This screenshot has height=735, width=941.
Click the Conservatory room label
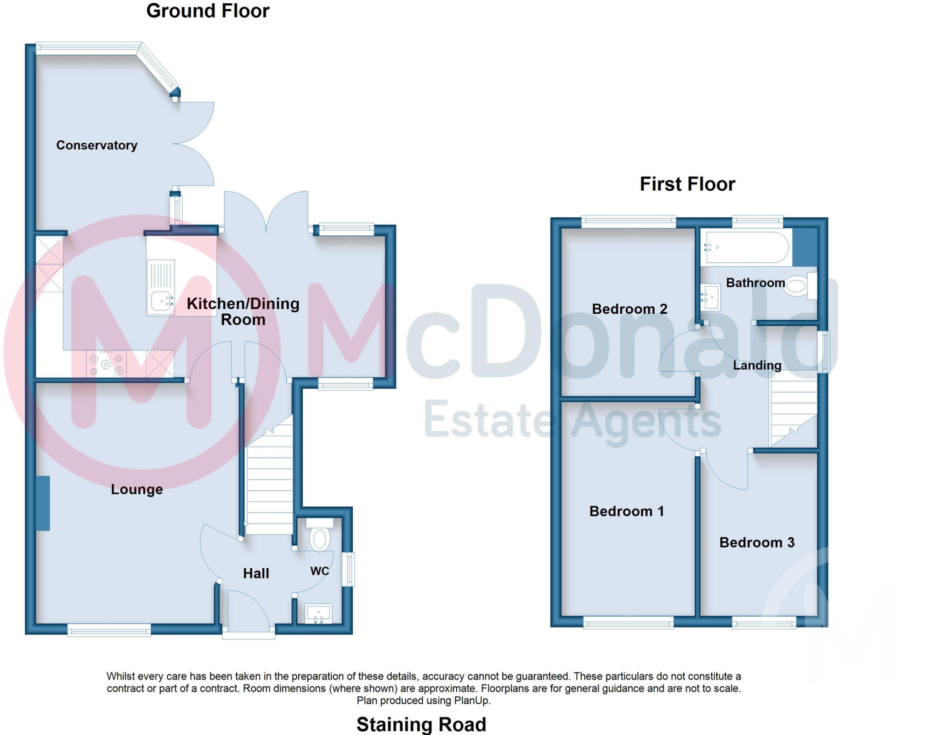click(96, 145)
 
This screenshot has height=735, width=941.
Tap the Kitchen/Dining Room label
click(243, 311)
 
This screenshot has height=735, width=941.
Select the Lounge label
click(136, 489)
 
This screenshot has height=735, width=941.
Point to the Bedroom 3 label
click(757, 543)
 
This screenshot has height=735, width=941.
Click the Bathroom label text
click(755, 283)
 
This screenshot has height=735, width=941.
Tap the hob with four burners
click(106, 364)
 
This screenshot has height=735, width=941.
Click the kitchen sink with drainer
click(160, 287)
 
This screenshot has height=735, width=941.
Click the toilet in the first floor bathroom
click(799, 286)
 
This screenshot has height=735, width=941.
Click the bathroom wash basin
click(710, 297)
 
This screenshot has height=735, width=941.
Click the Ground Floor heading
click(208, 11)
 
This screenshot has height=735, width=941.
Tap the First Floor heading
click(687, 184)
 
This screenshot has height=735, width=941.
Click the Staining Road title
click(421, 724)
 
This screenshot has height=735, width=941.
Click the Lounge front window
click(109, 630)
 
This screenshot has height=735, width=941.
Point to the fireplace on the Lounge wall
click(43, 503)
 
